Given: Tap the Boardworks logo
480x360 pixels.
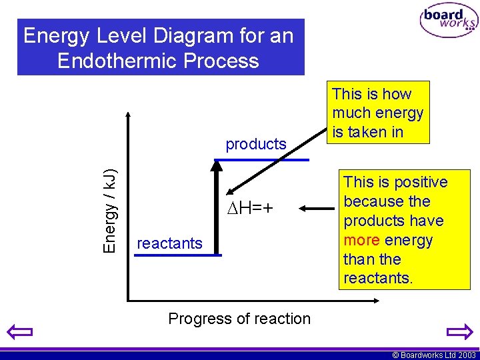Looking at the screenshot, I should click(449, 21).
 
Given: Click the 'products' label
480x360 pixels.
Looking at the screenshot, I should click(256, 144).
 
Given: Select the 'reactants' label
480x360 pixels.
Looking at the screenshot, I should click(169, 243).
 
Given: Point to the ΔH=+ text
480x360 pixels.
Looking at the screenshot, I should click(250, 209).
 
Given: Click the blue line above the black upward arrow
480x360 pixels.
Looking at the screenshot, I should click(261, 160).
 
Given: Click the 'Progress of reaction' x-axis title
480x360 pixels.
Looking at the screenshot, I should click(239, 319).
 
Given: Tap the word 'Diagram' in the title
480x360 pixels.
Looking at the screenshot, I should click(181, 35).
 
